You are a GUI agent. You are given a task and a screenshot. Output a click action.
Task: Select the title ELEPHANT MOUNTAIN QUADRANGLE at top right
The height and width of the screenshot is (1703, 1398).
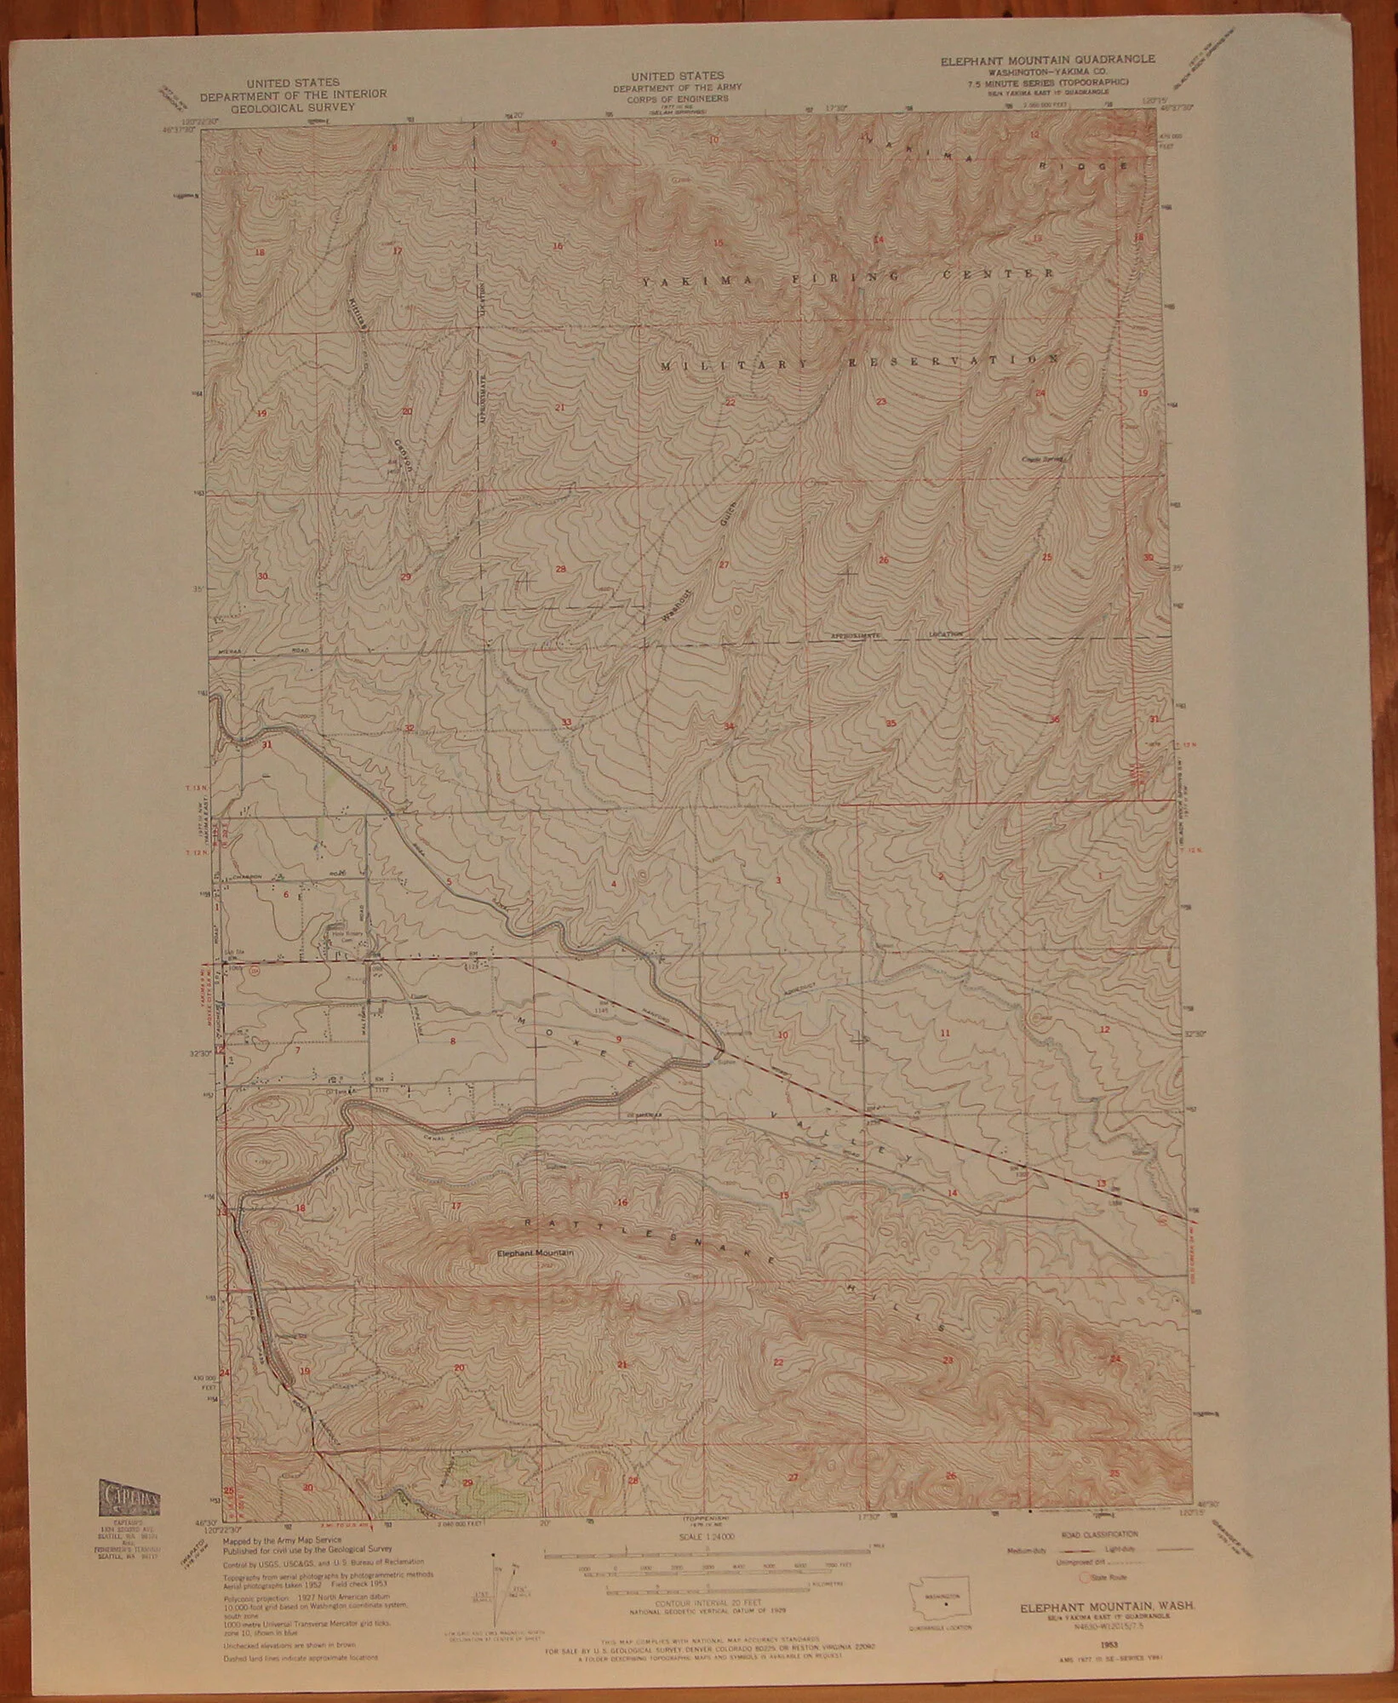[x=1047, y=60]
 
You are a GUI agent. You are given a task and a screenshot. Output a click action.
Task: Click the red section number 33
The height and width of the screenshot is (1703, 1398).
[x=566, y=723]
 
